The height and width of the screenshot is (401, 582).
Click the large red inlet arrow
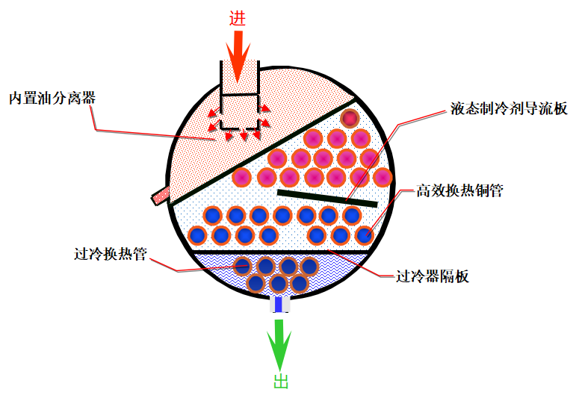[x=237, y=56]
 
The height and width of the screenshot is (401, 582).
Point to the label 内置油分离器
[x=52, y=99]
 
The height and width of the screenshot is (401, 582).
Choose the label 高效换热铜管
[x=459, y=191]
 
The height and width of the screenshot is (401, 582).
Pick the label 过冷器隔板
[x=432, y=276]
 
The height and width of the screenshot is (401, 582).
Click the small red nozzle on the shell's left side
[x=160, y=196]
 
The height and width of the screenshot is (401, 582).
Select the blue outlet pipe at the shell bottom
[x=279, y=304]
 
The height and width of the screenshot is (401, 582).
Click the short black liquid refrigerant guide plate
[x=327, y=198]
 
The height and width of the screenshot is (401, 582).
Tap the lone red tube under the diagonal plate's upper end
[x=350, y=118]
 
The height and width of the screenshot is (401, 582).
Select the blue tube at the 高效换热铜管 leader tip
[x=364, y=235]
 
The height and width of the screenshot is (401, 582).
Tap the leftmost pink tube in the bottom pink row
[x=242, y=178]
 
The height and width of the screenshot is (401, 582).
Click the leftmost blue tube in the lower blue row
[x=198, y=235]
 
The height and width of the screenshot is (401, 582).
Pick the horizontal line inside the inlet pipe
[x=239, y=95]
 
